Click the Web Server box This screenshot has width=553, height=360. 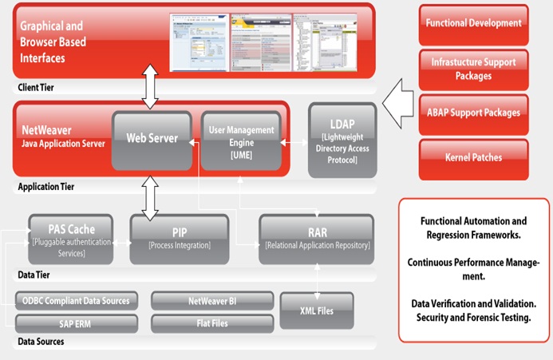click(152, 139)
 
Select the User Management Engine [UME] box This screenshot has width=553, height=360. click(240, 140)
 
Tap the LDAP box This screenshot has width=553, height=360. click(342, 139)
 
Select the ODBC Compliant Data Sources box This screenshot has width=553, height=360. click(76, 301)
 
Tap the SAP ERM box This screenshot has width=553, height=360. click(76, 324)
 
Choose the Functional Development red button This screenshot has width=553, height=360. click(473, 23)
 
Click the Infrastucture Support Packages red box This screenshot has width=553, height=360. click(473, 69)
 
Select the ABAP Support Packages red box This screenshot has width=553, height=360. click(473, 113)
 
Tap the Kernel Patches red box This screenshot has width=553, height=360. click(473, 158)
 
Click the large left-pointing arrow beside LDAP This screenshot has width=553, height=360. click(397, 101)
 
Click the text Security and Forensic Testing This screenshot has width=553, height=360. click(473, 317)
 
